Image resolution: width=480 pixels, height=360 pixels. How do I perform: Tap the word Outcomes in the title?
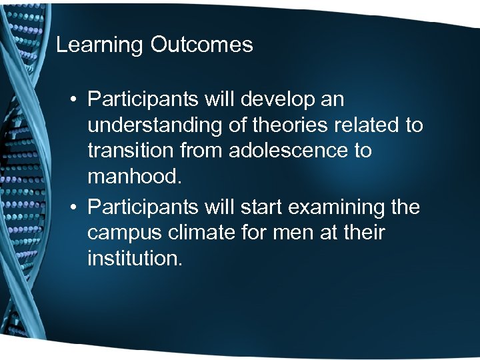tap(202, 45)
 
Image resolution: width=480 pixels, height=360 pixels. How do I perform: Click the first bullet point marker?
tap(76, 101)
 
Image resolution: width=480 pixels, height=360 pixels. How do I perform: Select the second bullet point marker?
tap(76, 209)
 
